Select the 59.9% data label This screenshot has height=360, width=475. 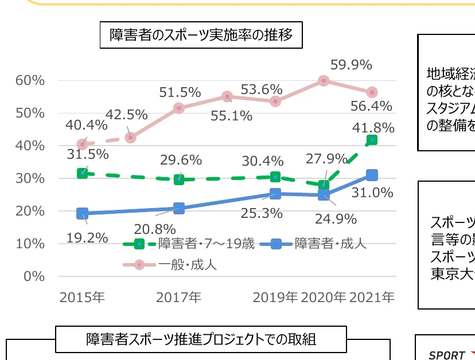(352, 65)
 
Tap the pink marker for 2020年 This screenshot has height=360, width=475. (324, 81)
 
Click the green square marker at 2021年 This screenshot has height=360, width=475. (372, 140)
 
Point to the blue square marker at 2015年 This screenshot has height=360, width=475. (82, 213)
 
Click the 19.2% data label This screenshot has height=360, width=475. (87, 236)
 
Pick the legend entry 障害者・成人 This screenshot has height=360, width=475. (330, 244)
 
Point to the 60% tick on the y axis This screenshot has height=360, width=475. (30, 80)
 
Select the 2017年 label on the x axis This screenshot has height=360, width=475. (178, 298)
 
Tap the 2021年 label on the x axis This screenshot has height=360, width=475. (372, 298)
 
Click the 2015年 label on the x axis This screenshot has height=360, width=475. (82, 298)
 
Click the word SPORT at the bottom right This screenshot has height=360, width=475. (446, 355)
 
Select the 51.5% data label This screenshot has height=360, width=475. (180, 92)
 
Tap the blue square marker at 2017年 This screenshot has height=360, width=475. (179, 208)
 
